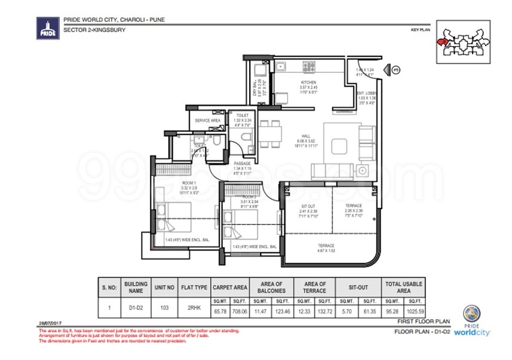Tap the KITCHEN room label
(308, 83)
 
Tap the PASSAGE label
(241, 164)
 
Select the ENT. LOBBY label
(365, 93)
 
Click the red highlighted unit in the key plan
(442, 42)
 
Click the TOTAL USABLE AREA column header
(404, 287)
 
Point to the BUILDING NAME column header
(136, 287)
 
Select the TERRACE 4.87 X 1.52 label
(326, 248)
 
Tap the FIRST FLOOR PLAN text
(421, 322)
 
